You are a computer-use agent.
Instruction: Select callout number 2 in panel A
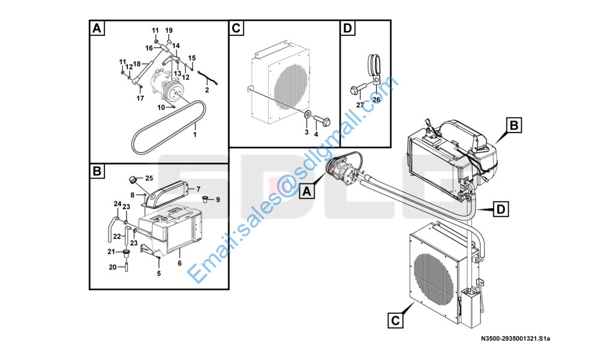[x=206, y=90]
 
